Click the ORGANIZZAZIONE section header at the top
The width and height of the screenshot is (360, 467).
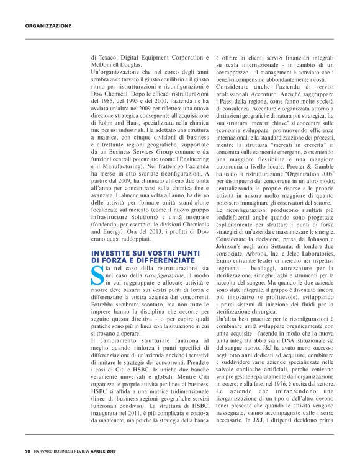tap(48, 25)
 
